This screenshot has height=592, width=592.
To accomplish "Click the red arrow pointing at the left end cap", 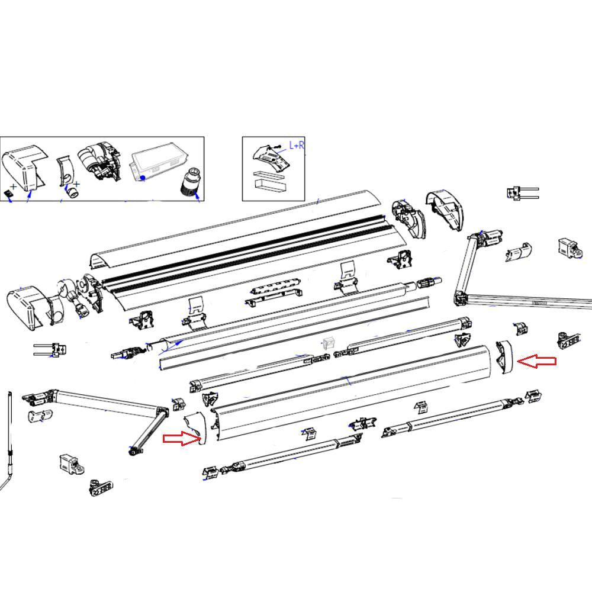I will tap(181, 438).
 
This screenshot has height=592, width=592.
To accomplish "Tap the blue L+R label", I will tap(296, 145).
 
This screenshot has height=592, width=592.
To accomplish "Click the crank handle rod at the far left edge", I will tap(10, 438).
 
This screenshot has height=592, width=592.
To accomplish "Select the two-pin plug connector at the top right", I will tap(521, 192).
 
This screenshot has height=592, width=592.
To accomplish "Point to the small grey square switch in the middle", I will tap(329, 343).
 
